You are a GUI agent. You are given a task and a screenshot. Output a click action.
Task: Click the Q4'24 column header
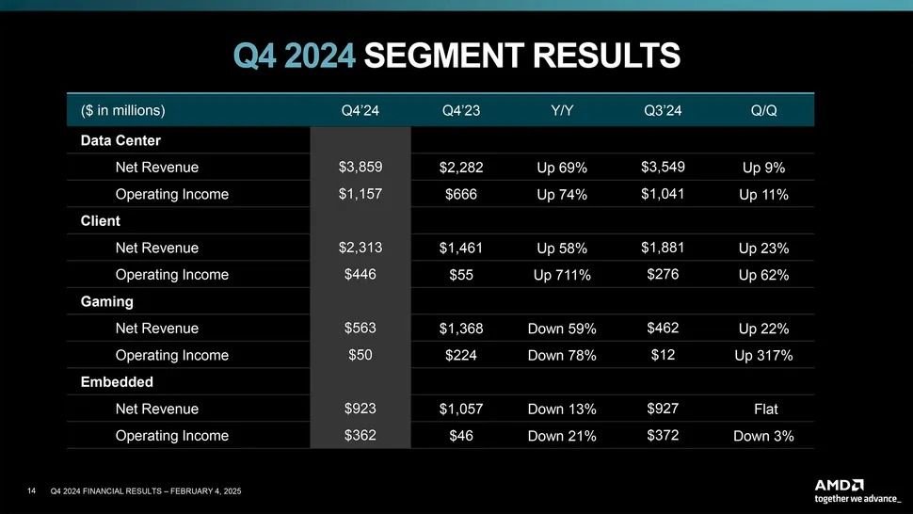360,110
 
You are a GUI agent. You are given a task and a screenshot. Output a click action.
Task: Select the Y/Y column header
562,110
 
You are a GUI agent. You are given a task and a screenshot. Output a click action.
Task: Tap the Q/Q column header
764,110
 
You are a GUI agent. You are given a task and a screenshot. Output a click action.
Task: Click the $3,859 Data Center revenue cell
360,168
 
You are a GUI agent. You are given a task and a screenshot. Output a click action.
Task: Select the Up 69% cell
562,169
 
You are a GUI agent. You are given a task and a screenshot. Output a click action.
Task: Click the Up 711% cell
562,276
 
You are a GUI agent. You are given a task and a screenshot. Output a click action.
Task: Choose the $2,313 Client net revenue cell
360,248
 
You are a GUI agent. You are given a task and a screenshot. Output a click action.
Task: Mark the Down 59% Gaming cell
562,329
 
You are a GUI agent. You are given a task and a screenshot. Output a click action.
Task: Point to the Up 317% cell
763,356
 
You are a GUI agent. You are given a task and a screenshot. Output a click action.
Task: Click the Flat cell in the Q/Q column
763,410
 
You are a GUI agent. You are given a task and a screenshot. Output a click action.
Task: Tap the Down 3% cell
763,436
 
